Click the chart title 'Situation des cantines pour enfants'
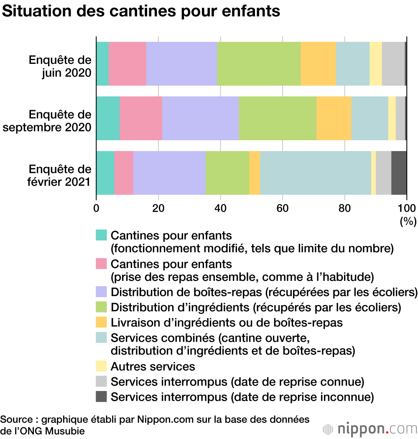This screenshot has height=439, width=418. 141,11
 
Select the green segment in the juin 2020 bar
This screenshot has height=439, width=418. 259,64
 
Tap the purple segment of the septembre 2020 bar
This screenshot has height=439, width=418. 200,118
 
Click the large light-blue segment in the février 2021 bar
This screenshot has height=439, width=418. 315,173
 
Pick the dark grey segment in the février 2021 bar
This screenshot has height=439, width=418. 399,173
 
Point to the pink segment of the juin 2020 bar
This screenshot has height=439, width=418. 127,64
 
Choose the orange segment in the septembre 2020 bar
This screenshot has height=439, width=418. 334,118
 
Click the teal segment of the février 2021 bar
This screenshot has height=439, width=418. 105,173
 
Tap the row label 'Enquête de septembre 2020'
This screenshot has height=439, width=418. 47,121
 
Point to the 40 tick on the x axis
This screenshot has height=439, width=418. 220,208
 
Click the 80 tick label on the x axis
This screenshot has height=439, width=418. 344,208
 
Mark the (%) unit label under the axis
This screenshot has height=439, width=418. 408,221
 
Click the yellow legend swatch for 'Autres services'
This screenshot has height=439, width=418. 102,366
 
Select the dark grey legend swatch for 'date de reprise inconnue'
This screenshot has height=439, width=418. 102,396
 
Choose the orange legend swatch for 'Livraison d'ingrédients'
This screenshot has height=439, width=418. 102,322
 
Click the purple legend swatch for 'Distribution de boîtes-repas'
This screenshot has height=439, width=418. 102,292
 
